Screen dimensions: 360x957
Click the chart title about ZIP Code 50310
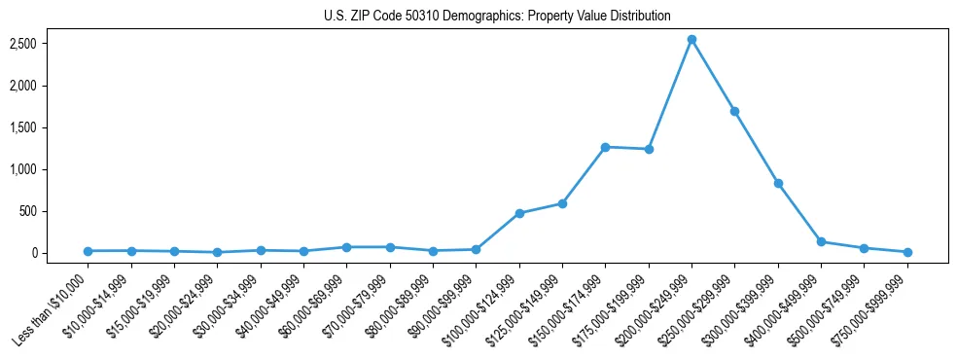point(497,17)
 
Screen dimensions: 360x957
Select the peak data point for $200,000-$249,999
point(691,40)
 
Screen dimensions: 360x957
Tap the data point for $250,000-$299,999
point(734,111)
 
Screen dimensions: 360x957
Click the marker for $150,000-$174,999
point(605,147)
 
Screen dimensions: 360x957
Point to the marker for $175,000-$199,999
point(649,149)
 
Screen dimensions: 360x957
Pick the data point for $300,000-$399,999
point(778,183)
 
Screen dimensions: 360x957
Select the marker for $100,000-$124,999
point(519,213)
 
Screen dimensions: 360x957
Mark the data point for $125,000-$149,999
point(562,203)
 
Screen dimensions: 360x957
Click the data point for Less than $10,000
point(89,251)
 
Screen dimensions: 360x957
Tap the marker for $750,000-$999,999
point(907,252)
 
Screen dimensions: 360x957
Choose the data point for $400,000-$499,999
point(821,241)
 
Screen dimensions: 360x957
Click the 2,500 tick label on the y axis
point(51,44)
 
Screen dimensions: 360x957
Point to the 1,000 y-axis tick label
point(51,169)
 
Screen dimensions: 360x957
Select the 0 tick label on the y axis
point(60,253)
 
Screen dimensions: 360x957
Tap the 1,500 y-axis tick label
point(51,127)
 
